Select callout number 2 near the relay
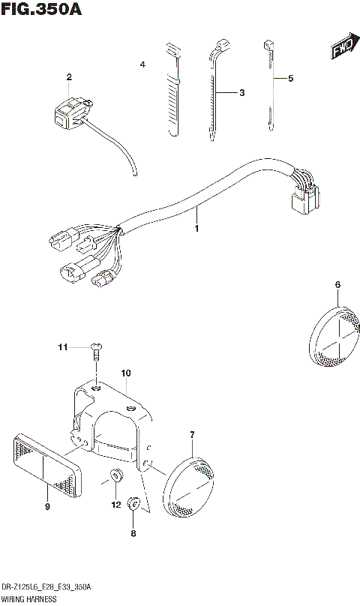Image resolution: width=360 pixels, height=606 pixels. pos(69,77)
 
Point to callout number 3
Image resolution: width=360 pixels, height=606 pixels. pos(241,93)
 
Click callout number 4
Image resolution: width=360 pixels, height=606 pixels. pos(142,66)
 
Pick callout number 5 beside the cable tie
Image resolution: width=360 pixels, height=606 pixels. pos(292,78)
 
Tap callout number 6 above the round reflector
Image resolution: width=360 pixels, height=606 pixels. pos(337,284)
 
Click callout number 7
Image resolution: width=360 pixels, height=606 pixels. pos(193,434)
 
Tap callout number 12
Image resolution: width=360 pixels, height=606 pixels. pos(115,505)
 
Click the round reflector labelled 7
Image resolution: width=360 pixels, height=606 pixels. pos(190,489)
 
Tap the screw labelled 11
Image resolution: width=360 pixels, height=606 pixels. pos(96,349)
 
